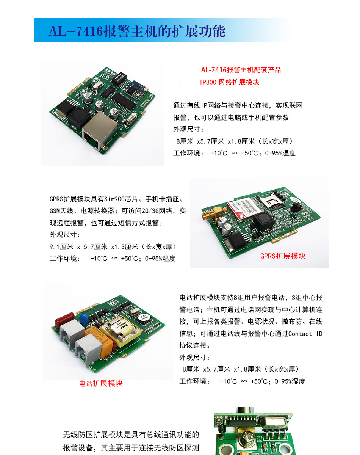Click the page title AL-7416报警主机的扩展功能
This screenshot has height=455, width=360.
tap(137, 31)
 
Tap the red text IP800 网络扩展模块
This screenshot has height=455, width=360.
tap(229, 82)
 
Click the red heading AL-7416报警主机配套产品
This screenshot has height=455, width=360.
tap(241, 70)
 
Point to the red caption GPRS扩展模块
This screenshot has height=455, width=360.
tap(283, 256)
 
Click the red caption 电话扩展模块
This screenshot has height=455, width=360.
tap(101, 383)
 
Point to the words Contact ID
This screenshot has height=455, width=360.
tap(305, 334)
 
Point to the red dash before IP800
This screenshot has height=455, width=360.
tap(187, 82)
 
